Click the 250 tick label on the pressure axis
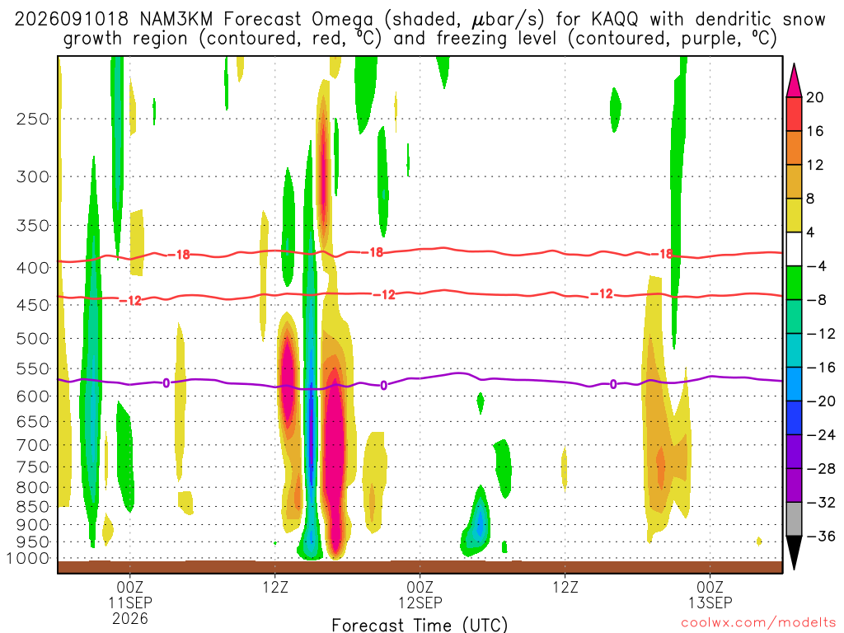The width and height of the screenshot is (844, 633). pyautogui.click(x=33, y=119)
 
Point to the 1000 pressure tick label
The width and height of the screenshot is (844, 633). pyautogui.click(x=28, y=559)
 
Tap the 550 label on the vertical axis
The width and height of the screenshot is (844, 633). pyautogui.click(x=33, y=369)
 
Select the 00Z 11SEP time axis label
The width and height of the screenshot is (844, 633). pyautogui.click(x=129, y=594)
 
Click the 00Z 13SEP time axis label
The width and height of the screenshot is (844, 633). pyautogui.click(x=710, y=594)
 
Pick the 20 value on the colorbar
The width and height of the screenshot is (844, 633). pyautogui.click(x=815, y=97)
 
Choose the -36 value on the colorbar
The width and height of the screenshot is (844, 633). pyautogui.click(x=821, y=536)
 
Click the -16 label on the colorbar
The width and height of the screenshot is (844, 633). pyautogui.click(x=821, y=368)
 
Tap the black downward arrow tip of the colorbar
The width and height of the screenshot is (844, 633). pyautogui.click(x=794, y=569)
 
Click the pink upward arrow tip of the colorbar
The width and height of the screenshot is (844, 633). pyautogui.click(x=794, y=65)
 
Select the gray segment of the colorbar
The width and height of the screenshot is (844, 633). pyautogui.click(x=794, y=519)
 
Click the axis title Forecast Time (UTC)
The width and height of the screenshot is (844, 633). pyautogui.click(x=420, y=625)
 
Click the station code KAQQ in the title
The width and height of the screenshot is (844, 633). pyautogui.click(x=614, y=20)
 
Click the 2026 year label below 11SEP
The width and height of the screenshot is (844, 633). pyautogui.click(x=129, y=618)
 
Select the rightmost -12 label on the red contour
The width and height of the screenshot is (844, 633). pyautogui.click(x=602, y=294)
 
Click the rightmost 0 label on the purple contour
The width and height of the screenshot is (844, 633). pyautogui.click(x=613, y=384)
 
